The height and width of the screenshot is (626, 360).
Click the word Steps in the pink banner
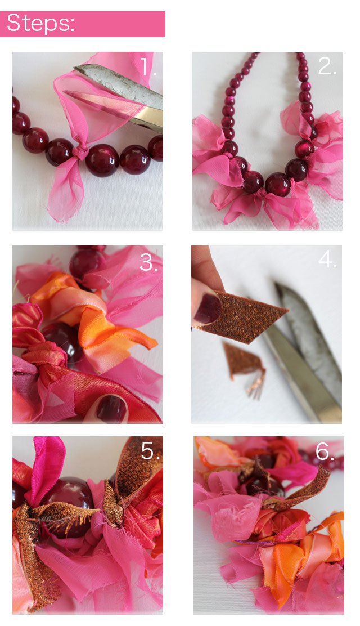pyautogui.click(x=40, y=24)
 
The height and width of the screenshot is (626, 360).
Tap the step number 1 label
pyautogui.click(x=148, y=68)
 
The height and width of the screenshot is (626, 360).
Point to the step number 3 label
pyautogui.click(x=149, y=262)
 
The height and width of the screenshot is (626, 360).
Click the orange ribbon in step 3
pyautogui.click(x=107, y=327)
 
